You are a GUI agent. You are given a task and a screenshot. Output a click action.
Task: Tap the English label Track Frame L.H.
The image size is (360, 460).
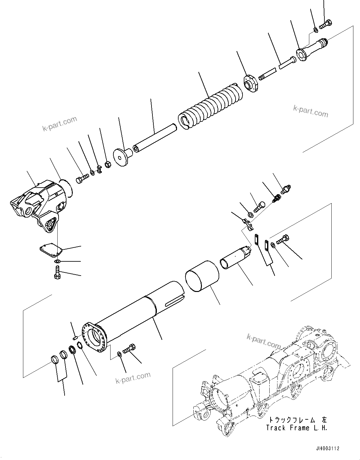click(x=296, y=428)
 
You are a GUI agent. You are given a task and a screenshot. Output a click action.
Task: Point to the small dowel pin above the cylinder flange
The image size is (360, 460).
click(x=75, y=338)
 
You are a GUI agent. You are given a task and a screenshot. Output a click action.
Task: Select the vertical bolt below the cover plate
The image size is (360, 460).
click(x=57, y=272)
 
